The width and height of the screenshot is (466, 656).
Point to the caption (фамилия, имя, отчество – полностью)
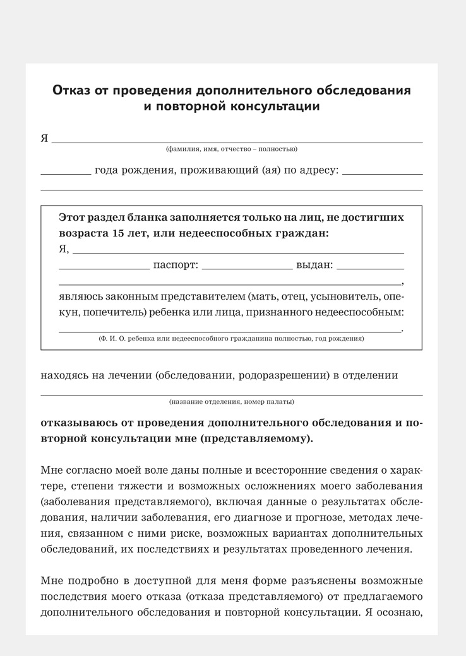point(232,149)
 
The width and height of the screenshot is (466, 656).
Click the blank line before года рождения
point(66,173)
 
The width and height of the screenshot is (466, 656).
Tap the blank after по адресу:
point(382,173)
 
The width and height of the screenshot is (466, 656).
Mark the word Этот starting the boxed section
point(73,217)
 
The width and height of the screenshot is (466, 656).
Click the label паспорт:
point(176,265)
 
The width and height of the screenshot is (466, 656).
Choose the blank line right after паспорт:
point(247,268)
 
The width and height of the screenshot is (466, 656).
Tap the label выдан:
point(314,265)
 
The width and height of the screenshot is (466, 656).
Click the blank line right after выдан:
point(370,268)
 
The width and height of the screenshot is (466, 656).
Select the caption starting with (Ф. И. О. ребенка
point(231,339)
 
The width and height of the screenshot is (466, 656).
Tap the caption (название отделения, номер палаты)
point(231,402)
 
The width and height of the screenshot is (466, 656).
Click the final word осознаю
point(400,611)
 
